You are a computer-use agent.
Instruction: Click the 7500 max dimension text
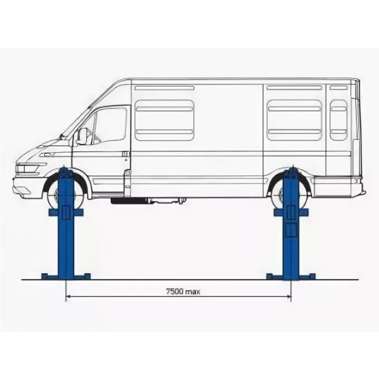coord(183,292)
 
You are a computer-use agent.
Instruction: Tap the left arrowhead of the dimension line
coord(68,296)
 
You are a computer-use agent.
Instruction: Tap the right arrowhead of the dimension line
coord(289,296)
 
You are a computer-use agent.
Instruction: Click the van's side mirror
coord(81,136)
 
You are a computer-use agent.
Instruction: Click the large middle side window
coord(164,120)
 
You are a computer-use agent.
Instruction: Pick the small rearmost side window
coord(338,120)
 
